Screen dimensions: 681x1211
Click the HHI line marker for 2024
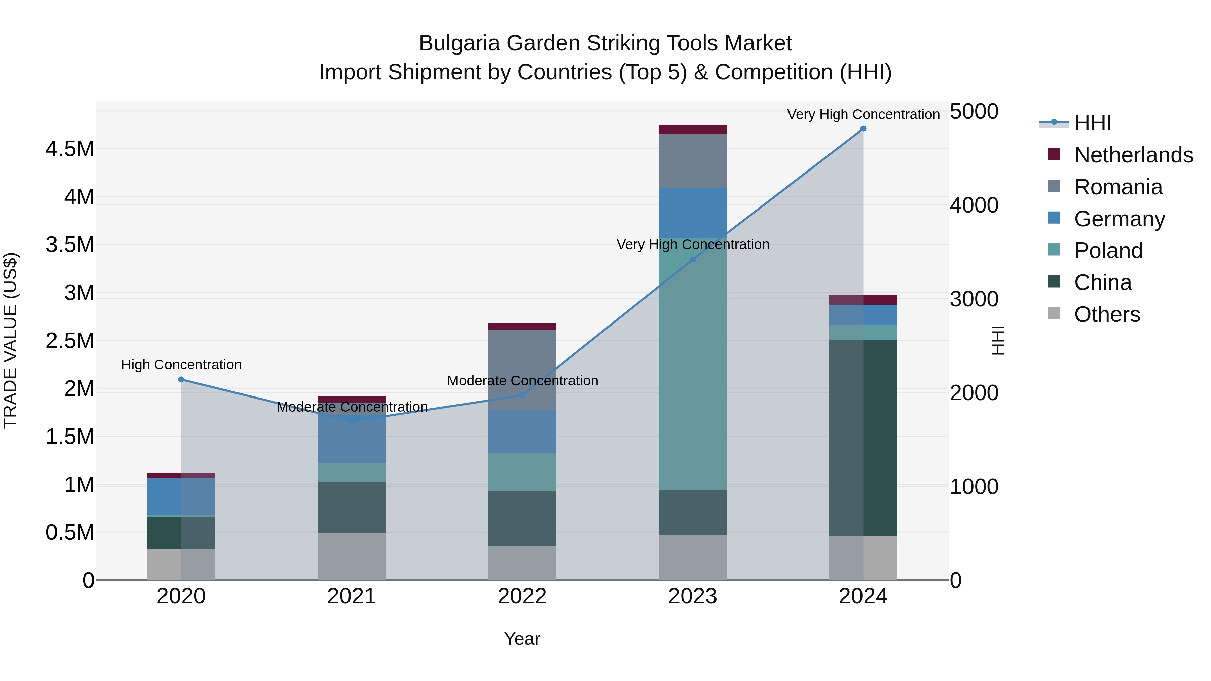(863, 129)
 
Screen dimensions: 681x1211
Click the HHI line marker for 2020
(181, 379)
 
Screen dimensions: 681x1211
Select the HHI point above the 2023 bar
(693, 259)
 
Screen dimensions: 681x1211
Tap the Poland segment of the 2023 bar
(693, 364)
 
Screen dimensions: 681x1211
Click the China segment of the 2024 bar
(863, 437)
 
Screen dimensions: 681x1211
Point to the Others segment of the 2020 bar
(181, 564)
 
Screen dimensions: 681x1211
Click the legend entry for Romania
(1118, 187)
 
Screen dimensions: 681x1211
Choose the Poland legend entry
(1108, 251)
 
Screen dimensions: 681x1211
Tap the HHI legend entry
(1093, 123)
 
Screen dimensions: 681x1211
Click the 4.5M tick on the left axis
(70, 149)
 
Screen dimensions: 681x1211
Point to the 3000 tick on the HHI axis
(974, 299)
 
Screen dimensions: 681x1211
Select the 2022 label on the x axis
(522, 596)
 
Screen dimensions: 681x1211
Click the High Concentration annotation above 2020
(181, 365)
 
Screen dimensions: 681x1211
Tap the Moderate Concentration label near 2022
(522, 381)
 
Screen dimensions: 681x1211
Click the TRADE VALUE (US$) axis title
(10, 340)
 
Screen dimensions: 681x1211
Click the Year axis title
(522, 639)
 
